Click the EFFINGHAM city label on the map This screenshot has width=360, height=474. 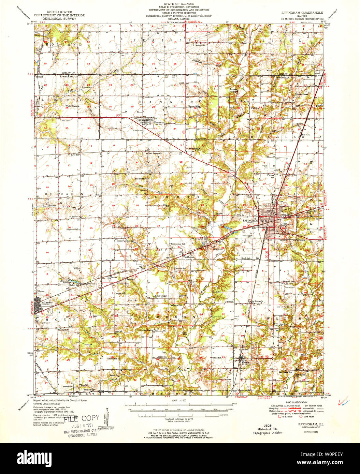[x=250, y=221]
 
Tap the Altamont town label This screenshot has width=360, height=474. [x=47, y=302]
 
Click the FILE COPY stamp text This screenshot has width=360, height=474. [x=85, y=419]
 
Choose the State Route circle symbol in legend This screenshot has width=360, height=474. [x=301, y=416]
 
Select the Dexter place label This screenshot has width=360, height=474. [x=114, y=278]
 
